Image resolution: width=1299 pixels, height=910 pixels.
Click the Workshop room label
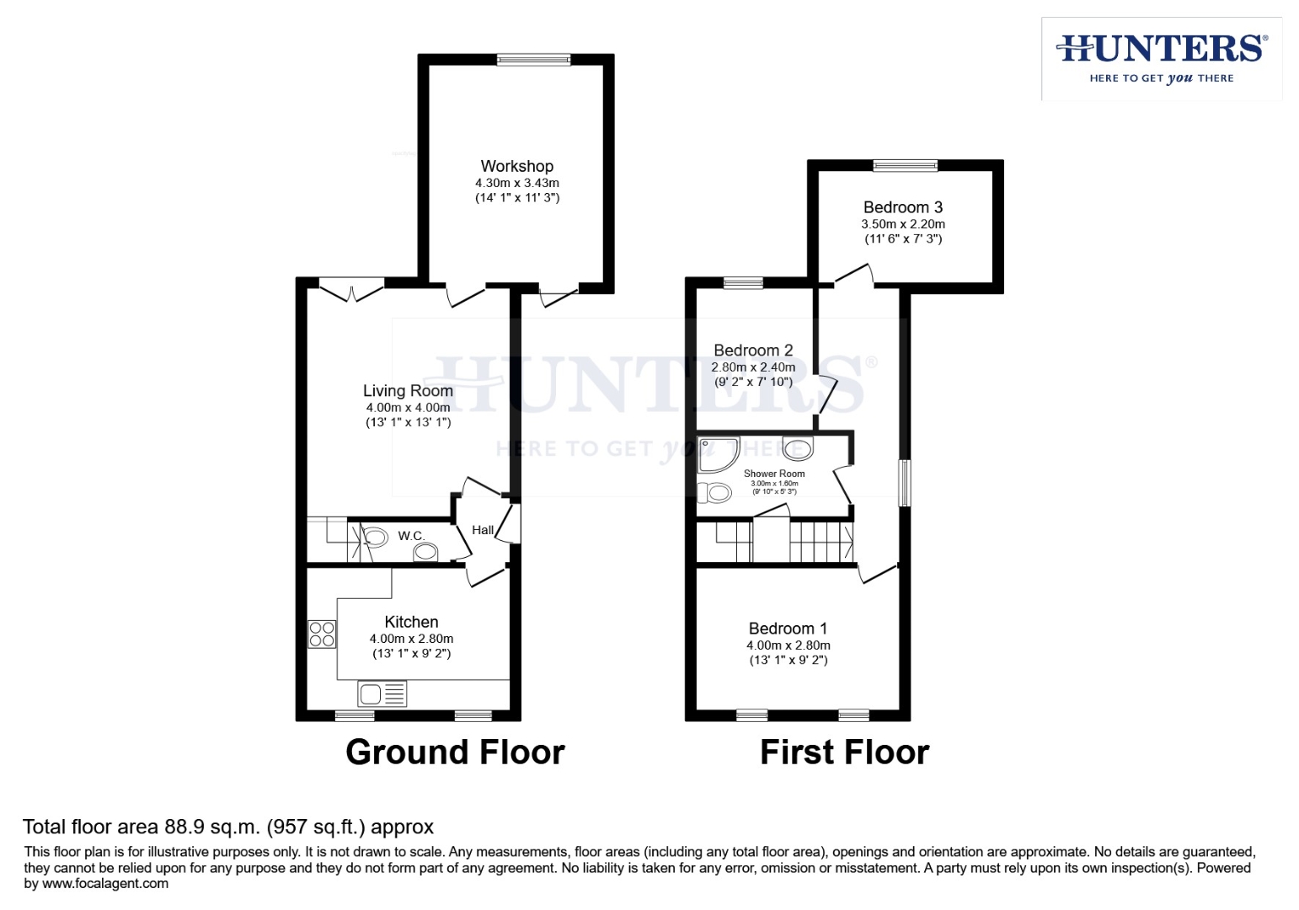(x=516, y=166)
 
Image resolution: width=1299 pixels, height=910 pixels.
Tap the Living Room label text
(x=408, y=390)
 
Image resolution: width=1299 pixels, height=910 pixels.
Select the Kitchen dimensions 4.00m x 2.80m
(x=411, y=639)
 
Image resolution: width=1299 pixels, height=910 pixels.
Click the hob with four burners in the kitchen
(x=322, y=634)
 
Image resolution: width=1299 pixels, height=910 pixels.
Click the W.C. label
(x=411, y=536)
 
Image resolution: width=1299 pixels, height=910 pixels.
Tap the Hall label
(x=483, y=530)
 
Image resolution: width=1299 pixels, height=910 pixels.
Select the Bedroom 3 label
(x=902, y=207)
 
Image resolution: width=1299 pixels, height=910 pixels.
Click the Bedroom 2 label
(x=753, y=351)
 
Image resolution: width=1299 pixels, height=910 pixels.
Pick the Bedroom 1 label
(x=788, y=629)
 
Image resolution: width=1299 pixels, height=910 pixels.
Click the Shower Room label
(x=774, y=474)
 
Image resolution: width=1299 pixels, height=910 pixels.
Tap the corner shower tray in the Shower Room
(x=716, y=453)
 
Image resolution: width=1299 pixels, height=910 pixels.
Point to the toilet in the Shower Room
(x=716, y=492)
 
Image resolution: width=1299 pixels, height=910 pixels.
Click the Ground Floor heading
(x=455, y=752)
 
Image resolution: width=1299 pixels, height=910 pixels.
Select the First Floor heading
(x=844, y=752)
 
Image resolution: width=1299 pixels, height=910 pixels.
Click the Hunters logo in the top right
(x=1162, y=58)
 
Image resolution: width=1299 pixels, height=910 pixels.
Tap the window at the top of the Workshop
(x=533, y=59)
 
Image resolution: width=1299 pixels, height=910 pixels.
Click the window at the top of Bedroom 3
(x=905, y=165)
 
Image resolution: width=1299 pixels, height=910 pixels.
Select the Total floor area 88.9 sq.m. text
(x=227, y=827)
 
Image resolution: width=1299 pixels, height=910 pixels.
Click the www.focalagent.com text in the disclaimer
(x=104, y=884)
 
